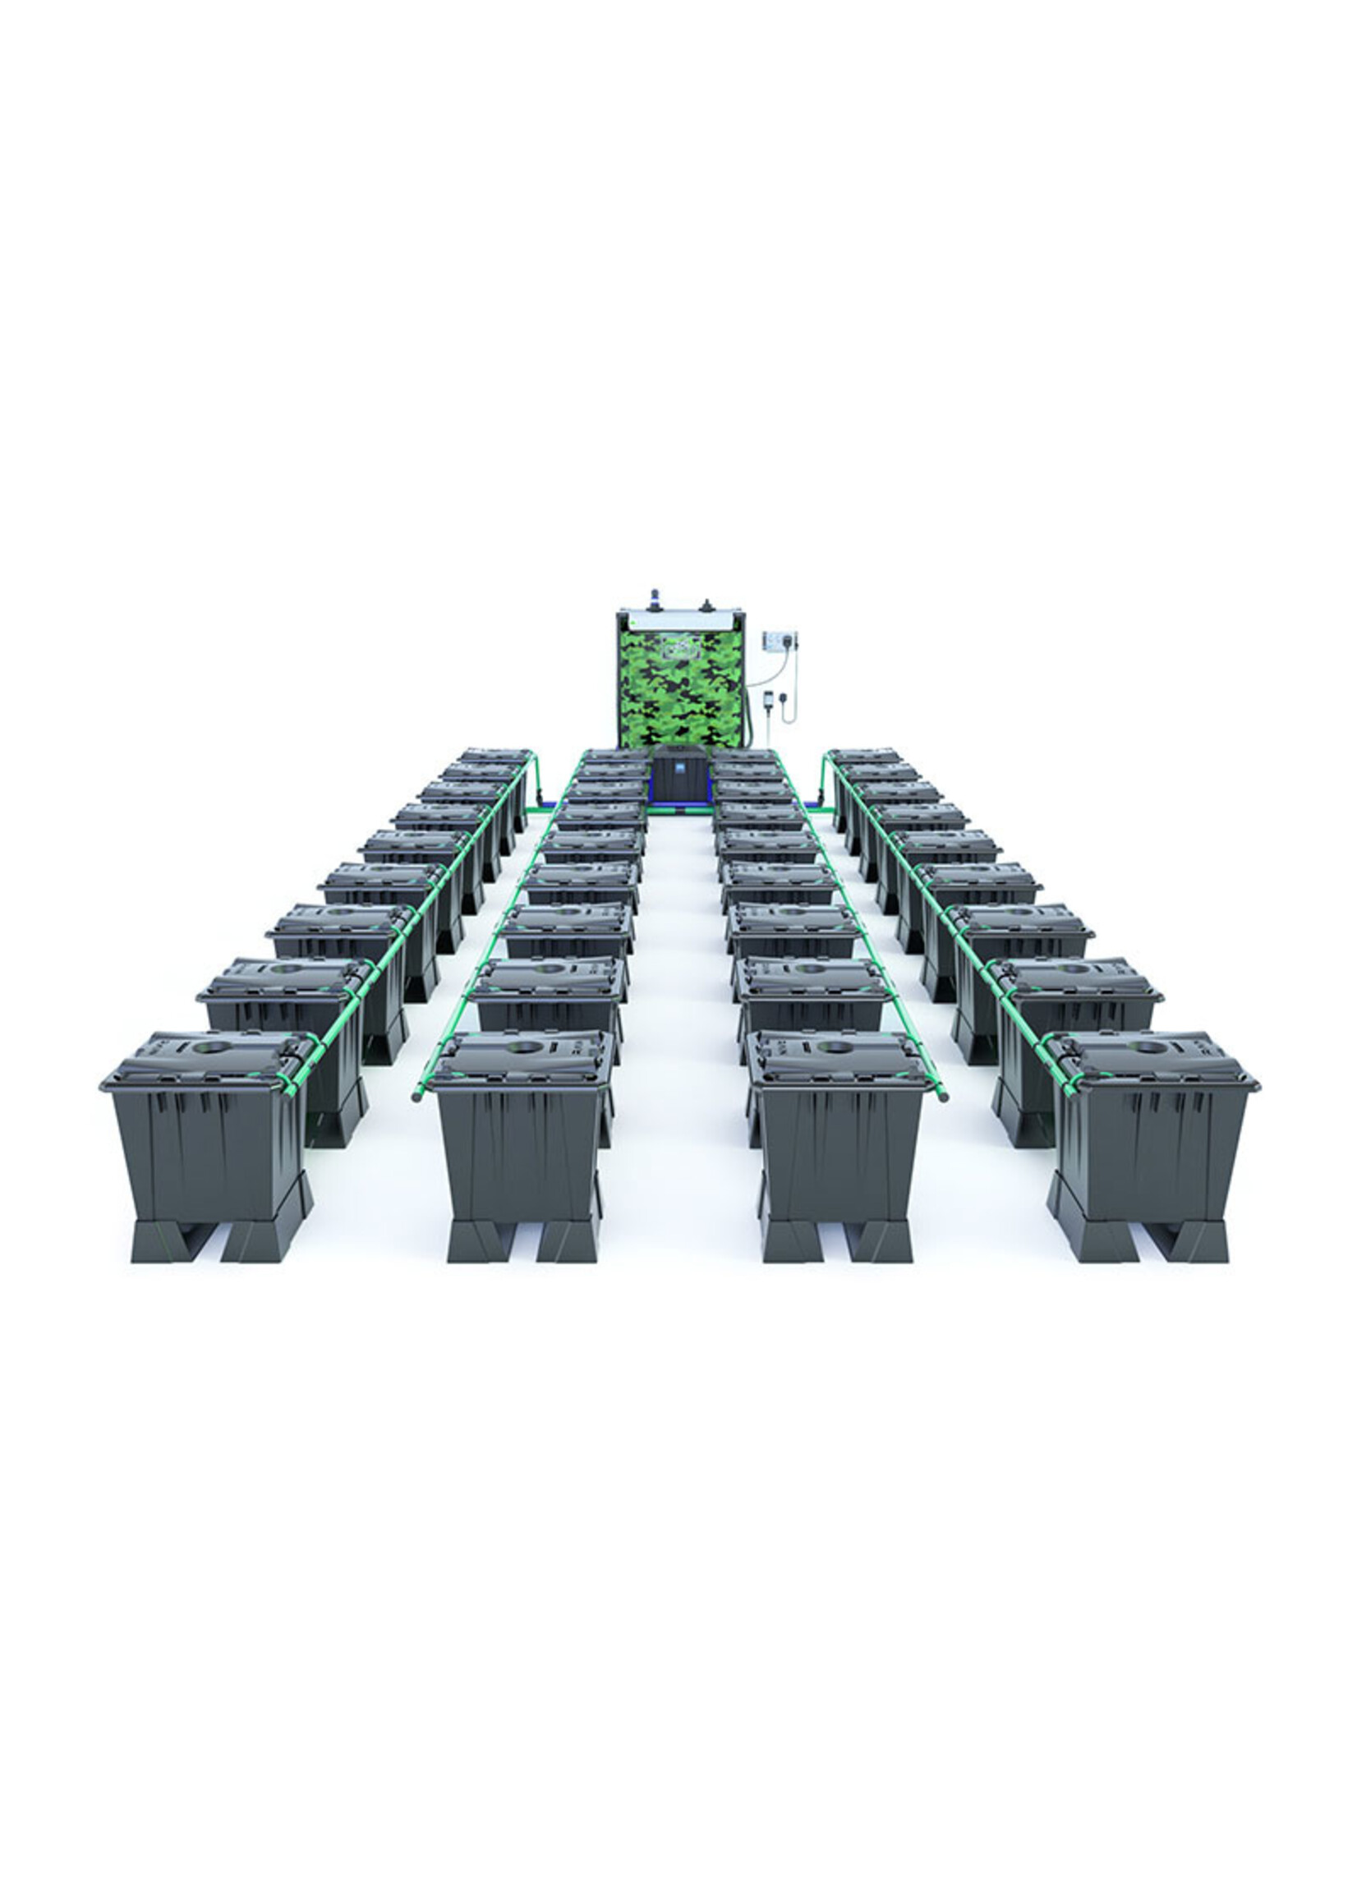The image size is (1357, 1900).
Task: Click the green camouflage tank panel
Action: (x=678, y=689)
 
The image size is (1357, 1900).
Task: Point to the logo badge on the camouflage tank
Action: (x=678, y=648)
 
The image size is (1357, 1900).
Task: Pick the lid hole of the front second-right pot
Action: (x=831, y=1047)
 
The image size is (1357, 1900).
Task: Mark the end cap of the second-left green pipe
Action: (x=416, y=1098)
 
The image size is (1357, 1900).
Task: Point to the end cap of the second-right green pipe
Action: (x=943, y=1098)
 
